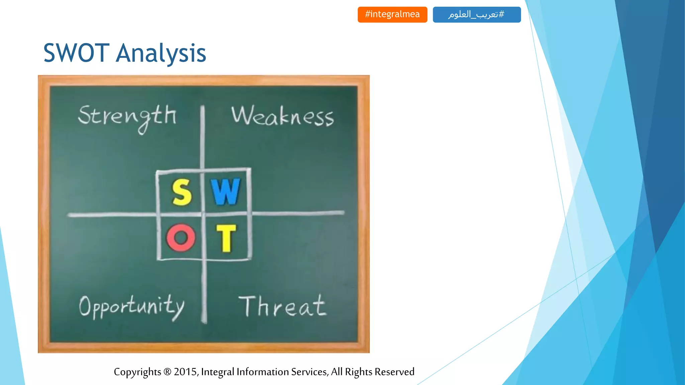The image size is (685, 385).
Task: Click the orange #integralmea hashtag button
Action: click(392, 14)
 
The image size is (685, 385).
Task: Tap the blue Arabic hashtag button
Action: click(477, 14)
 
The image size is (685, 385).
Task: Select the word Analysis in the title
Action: click(161, 53)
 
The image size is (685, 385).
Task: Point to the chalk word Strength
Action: click(127, 116)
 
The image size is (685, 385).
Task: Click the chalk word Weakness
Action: click(283, 116)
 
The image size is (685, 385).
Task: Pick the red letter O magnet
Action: click(181, 238)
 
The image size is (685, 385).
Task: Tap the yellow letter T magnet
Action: click(226, 238)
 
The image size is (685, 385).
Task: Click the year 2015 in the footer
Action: click(186, 372)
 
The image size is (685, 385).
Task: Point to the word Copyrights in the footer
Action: click(137, 372)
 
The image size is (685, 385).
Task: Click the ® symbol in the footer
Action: click(167, 372)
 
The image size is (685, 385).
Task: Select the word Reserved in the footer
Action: click(394, 372)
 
